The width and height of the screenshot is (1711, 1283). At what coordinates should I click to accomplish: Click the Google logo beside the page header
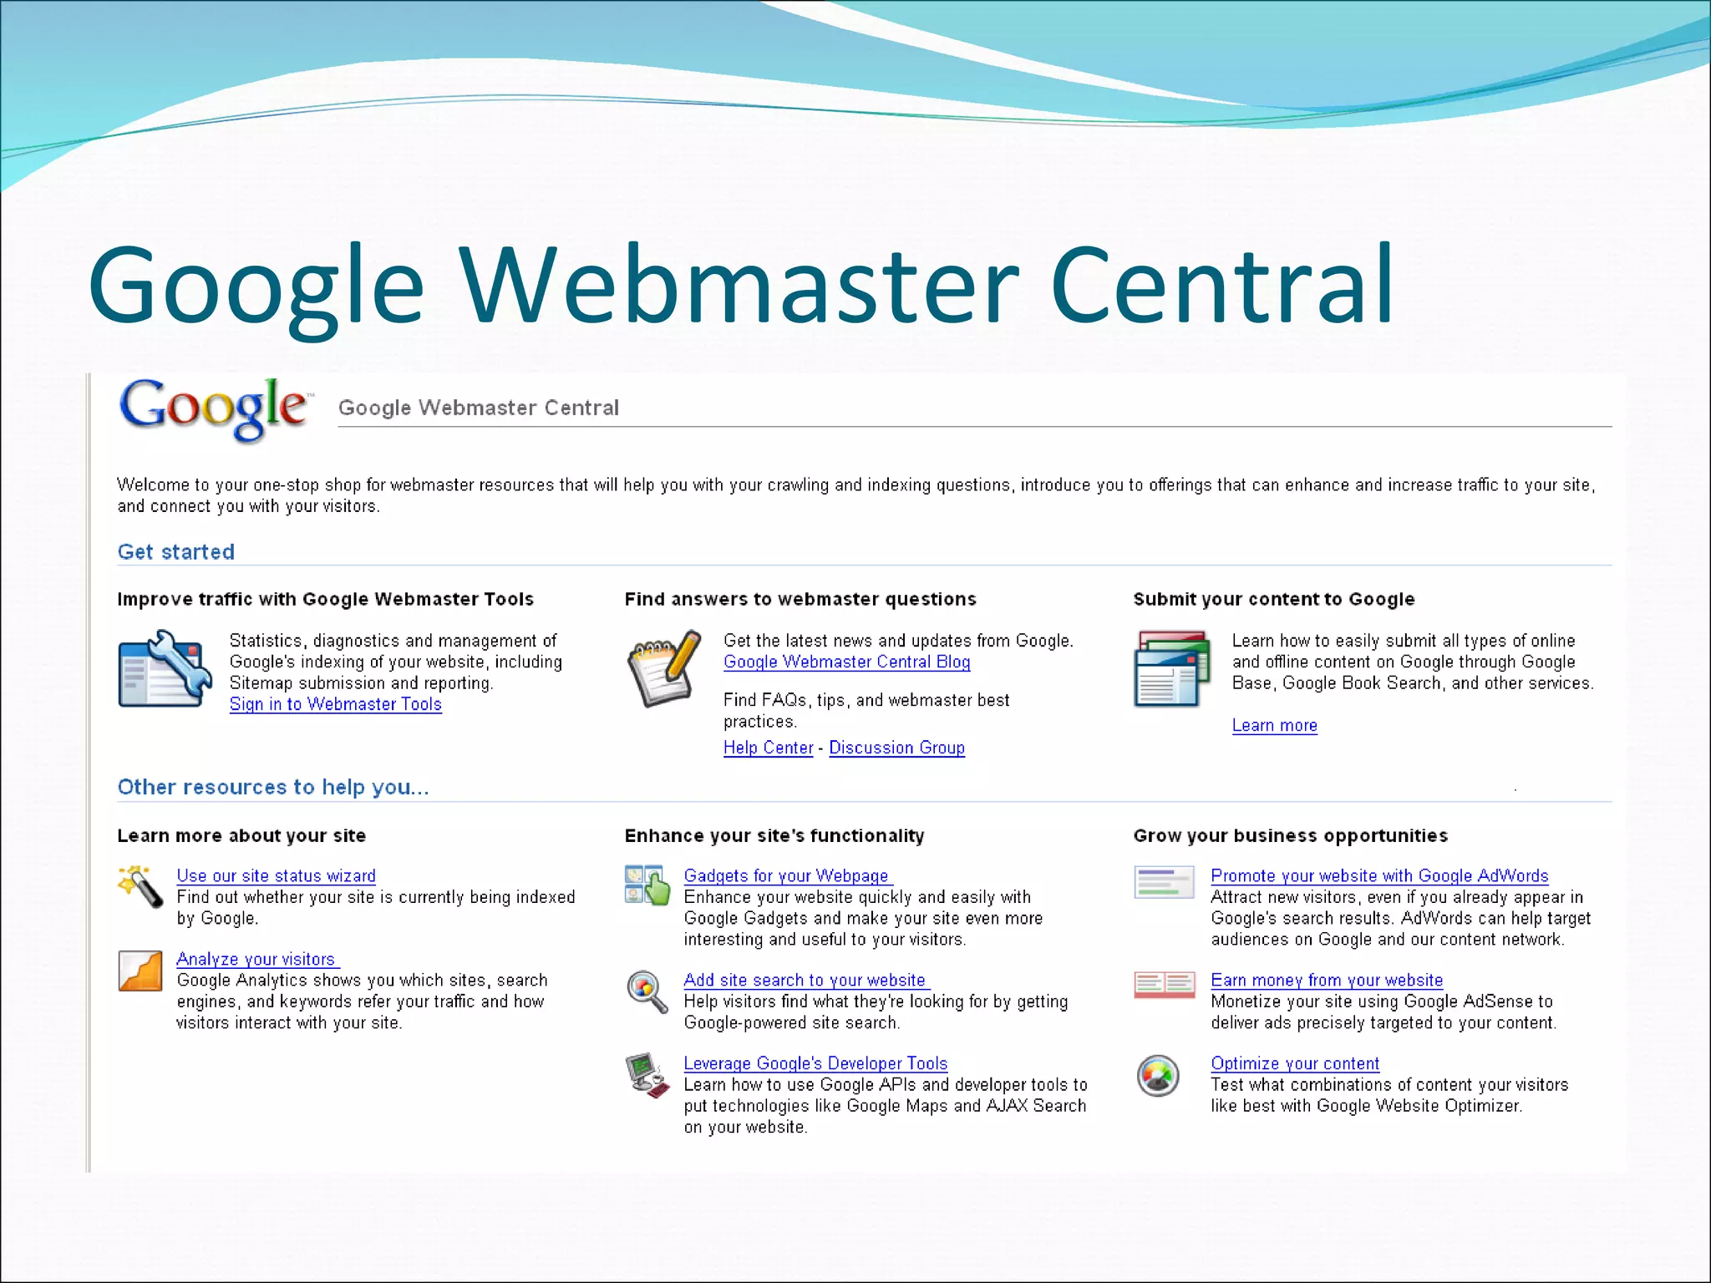click(x=216, y=408)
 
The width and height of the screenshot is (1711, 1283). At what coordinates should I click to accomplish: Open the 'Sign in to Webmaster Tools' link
click(x=335, y=704)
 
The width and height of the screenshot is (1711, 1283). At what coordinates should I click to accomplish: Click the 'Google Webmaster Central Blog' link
click(x=846, y=662)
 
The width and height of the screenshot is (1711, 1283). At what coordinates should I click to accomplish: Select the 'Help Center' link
click(x=768, y=748)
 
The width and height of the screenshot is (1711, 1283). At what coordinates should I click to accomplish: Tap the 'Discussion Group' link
click(x=896, y=748)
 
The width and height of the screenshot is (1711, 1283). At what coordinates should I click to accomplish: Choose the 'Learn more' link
click(x=1274, y=725)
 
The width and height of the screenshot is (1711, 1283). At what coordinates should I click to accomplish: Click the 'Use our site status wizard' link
click(x=276, y=875)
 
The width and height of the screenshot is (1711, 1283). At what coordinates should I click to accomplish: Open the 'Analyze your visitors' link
click(x=256, y=959)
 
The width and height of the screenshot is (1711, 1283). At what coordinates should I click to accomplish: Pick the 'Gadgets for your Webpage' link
click(x=786, y=875)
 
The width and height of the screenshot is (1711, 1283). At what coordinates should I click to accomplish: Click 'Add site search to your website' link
click(x=805, y=980)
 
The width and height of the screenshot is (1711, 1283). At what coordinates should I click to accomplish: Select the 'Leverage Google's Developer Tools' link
click(x=815, y=1063)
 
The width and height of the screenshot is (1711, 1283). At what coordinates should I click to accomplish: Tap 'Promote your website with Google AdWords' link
click(x=1379, y=875)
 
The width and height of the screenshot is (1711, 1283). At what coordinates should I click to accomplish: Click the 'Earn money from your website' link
click(x=1327, y=980)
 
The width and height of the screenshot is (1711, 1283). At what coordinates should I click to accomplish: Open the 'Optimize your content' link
click(x=1295, y=1063)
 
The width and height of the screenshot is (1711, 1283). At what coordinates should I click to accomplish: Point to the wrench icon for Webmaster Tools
click(x=165, y=669)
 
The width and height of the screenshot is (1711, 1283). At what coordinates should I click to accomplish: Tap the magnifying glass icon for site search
click(x=647, y=991)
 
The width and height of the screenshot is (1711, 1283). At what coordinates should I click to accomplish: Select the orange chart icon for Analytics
click(x=140, y=971)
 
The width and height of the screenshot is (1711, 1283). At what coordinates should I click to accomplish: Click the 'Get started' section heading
click(x=176, y=552)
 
